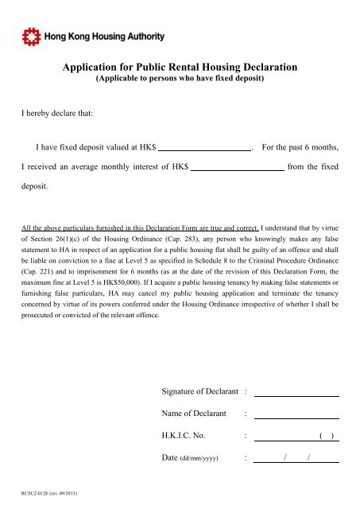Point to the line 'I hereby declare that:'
tap(57, 115)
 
